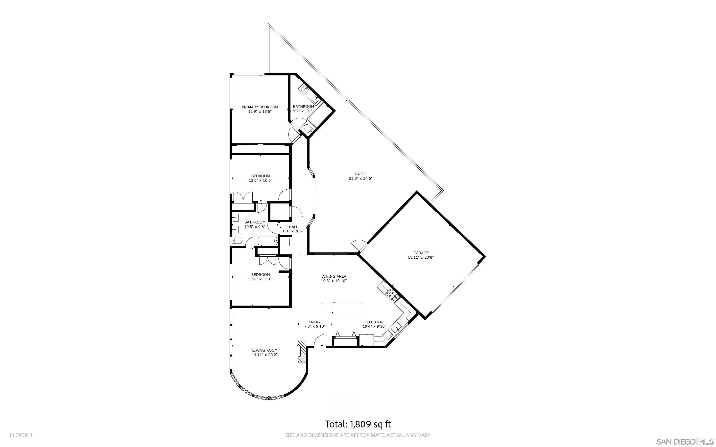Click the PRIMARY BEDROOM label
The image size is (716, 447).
(260, 107)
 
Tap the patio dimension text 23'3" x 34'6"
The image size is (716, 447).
(360, 179)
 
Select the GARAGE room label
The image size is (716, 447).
(421, 253)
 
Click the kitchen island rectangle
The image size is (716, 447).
(347, 308)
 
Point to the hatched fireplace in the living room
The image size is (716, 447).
(301, 352)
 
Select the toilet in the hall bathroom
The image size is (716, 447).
(237, 241)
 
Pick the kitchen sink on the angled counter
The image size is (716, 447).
(396, 328)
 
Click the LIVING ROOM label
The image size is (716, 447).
(265, 350)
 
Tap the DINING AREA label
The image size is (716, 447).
(334, 276)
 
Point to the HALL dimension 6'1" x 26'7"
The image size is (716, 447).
(293, 231)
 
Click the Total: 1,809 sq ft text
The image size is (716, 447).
(358, 424)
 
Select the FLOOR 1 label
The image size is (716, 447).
(21, 435)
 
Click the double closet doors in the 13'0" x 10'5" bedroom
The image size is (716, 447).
(243, 197)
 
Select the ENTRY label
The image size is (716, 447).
(314, 322)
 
